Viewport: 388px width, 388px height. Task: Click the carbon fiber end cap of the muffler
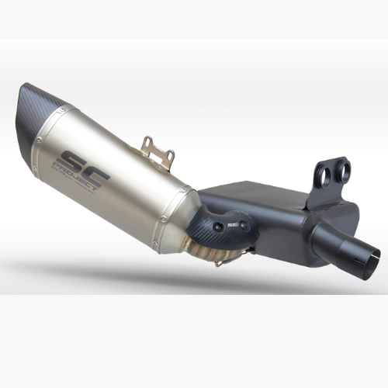click(39, 114)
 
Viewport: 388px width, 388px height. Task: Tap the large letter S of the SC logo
click(74, 162)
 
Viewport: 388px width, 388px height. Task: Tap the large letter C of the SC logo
click(96, 176)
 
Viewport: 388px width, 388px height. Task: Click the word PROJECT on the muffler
click(75, 176)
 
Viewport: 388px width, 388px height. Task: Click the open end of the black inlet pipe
click(373, 258)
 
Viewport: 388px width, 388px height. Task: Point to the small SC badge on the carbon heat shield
click(230, 225)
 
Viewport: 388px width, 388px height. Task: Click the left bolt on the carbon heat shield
click(217, 227)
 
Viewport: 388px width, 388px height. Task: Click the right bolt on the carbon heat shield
click(244, 225)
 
